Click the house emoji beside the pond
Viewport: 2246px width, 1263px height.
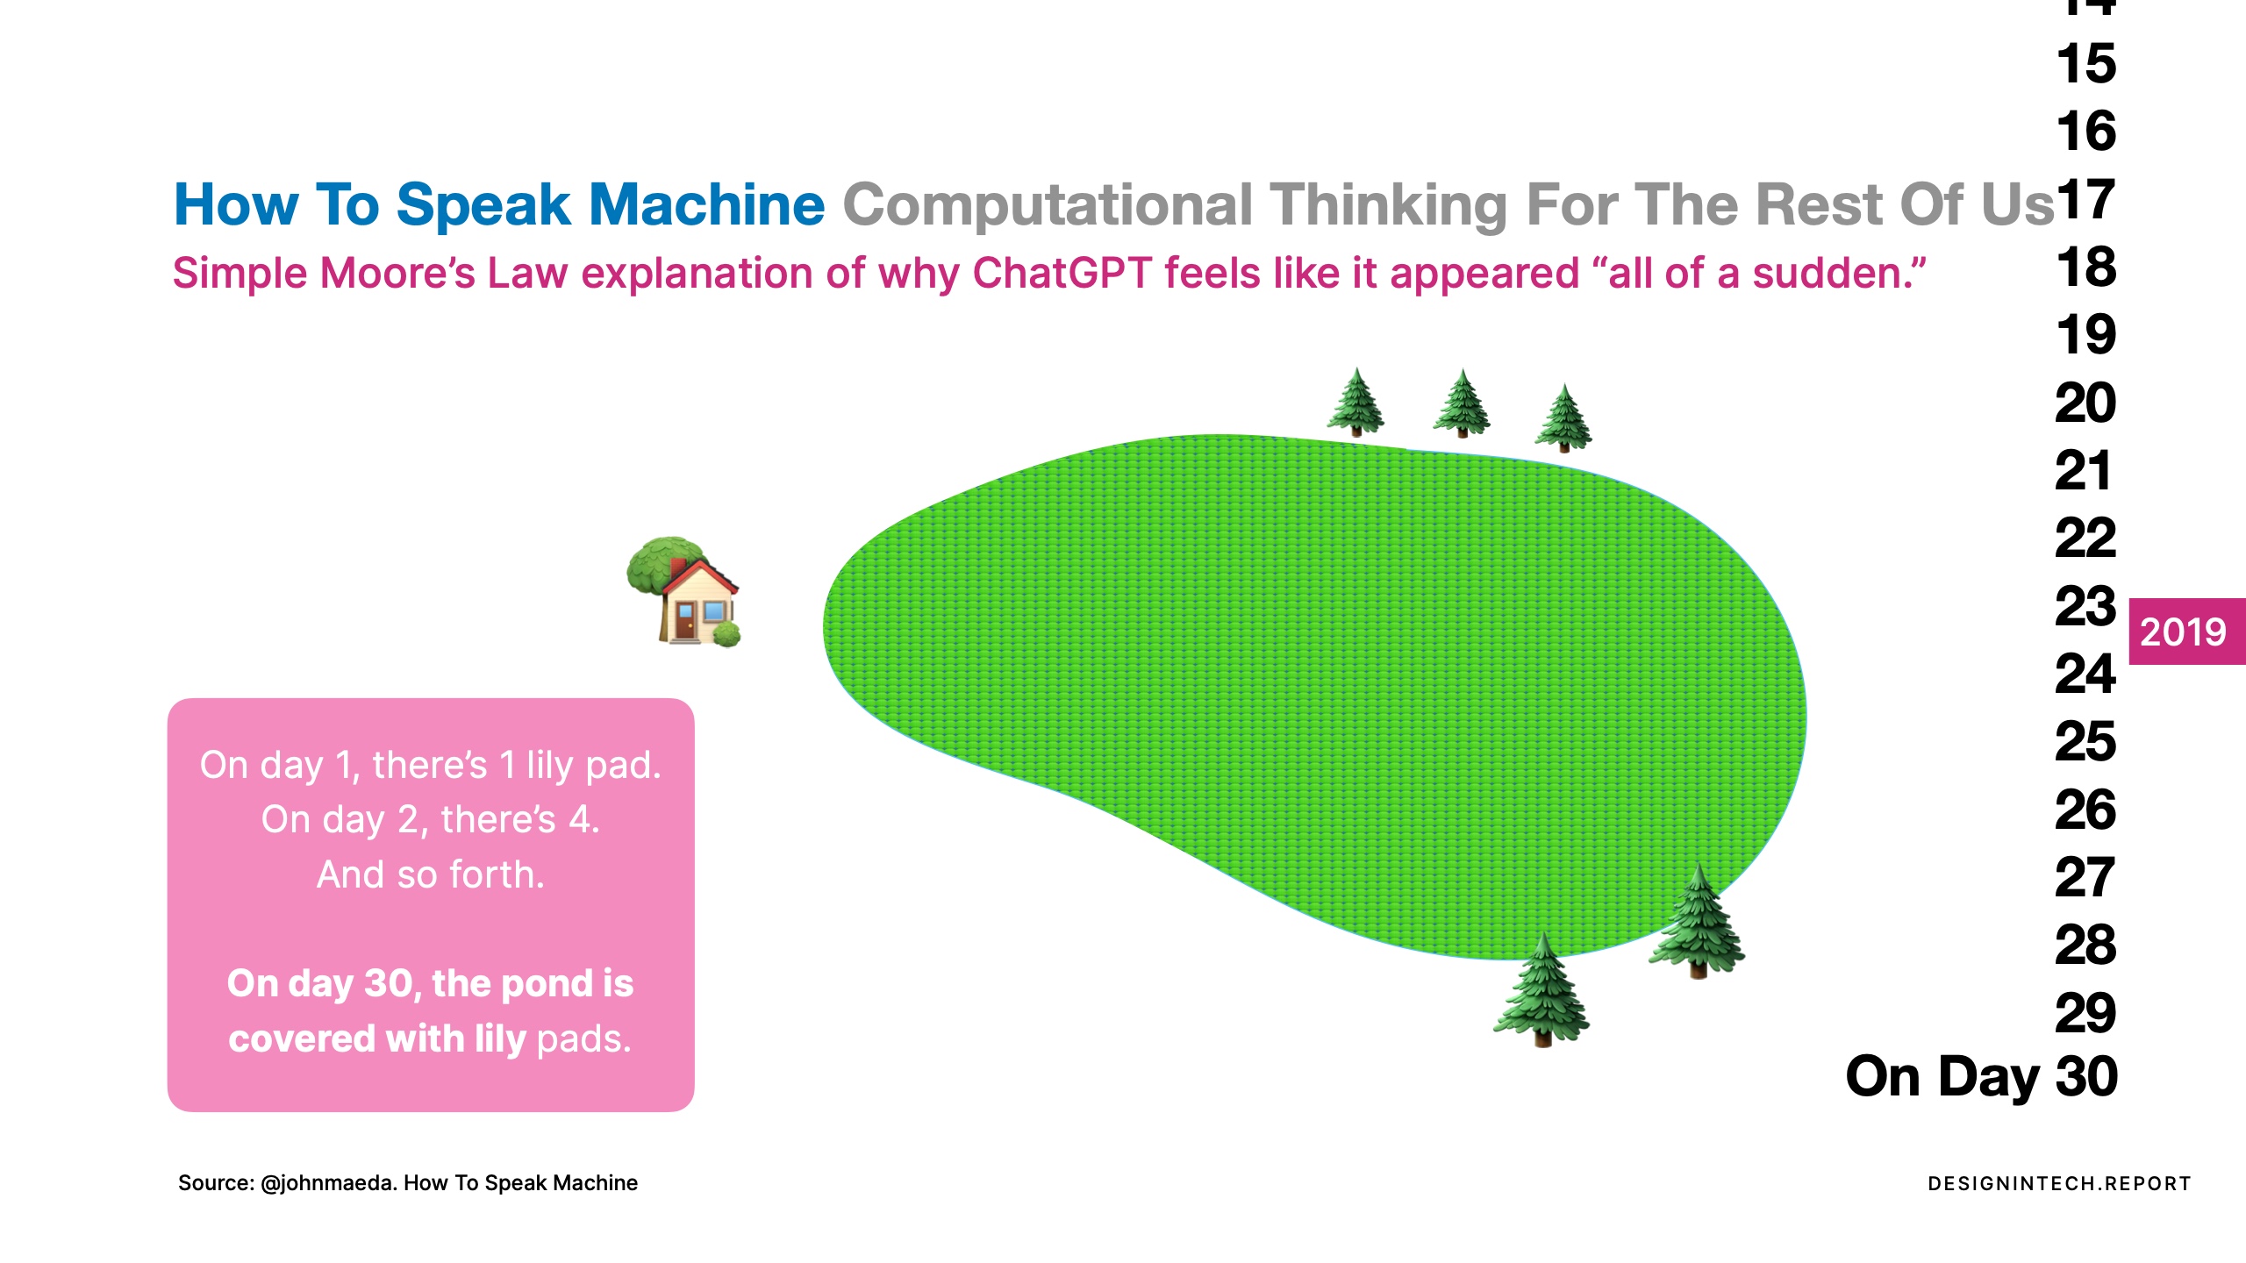pos(684,591)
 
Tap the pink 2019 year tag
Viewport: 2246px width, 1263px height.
pos(2186,631)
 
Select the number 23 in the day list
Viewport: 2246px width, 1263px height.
pos(2085,606)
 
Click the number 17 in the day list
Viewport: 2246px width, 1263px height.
pos(2086,199)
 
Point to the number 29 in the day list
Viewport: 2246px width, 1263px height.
pos(2085,1013)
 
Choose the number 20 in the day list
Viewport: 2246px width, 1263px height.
pos(2085,403)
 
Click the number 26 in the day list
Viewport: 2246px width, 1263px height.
pos(2085,810)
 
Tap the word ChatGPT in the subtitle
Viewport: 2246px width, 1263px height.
pos(1062,273)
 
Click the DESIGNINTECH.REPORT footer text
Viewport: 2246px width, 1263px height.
pos(2059,1183)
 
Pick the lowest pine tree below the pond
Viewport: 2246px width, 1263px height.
pos(1541,989)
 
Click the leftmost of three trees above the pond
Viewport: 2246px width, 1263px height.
pos(1356,402)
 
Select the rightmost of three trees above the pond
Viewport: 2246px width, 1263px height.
pos(1563,417)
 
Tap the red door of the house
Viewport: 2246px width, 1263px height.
pos(684,620)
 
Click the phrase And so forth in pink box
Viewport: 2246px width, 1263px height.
pos(430,874)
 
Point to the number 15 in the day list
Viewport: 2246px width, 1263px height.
pos(2086,64)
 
